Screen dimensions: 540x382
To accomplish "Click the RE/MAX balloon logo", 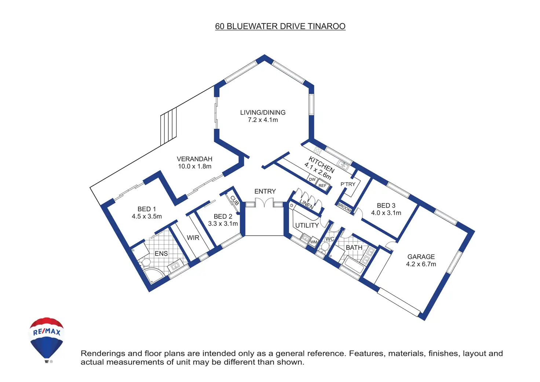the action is (46, 340).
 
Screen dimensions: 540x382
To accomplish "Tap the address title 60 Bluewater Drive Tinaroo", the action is (280, 26).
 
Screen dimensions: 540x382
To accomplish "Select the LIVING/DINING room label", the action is (263, 112).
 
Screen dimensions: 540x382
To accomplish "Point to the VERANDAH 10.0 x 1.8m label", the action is (194, 163).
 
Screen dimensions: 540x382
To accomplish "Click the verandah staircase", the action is (168, 126).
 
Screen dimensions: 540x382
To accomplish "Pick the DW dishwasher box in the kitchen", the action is (312, 179).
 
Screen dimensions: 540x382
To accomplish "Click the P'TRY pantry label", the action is (348, 184).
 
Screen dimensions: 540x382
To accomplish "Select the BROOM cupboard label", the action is (344, 207).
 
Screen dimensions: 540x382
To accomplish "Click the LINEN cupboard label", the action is (307, 204).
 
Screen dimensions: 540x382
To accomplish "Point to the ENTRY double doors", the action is (264, 202).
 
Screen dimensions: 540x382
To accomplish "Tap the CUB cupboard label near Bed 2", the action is (234, 200).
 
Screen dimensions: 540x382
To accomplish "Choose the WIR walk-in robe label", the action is (193, 238).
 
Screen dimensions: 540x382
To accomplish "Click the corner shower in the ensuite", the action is (153, 275).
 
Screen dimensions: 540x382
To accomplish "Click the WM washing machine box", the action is (313, 242).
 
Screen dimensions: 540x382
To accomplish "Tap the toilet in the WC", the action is (325, 247).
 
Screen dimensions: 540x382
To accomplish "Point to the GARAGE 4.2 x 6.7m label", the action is (421, 260).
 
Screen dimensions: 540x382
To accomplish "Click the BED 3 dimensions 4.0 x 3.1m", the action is (386, 213).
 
